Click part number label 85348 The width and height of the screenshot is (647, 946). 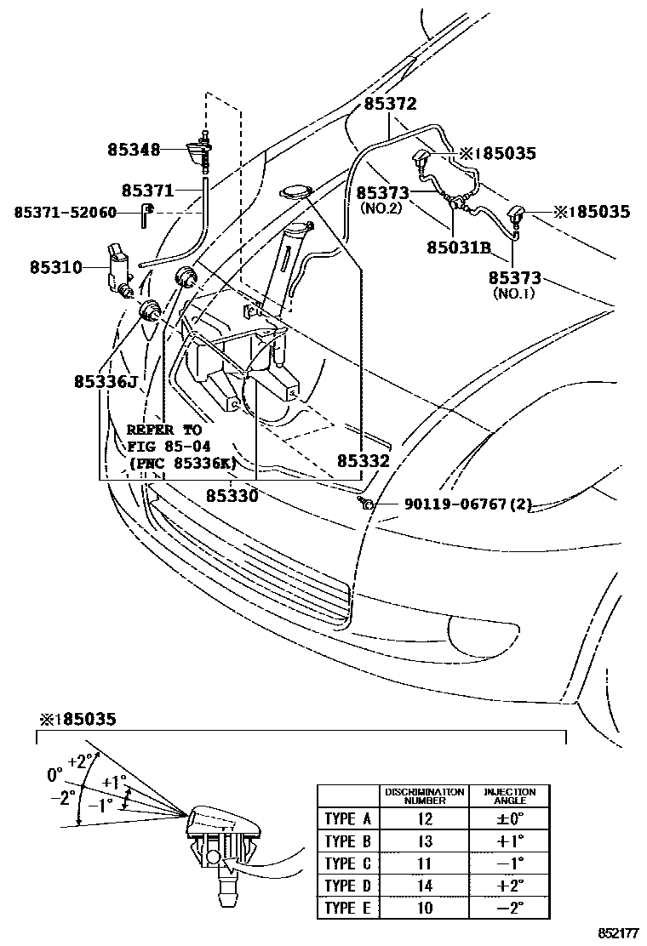coord(134,150)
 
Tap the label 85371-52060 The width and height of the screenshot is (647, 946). coord(65,212)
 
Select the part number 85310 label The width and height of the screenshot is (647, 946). coord(55,267)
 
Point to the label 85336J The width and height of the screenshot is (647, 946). coord(105,382)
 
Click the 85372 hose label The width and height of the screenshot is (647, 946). coord(390,104)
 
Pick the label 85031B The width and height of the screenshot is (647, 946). coord(459,248)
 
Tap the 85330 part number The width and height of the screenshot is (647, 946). coord(232,494)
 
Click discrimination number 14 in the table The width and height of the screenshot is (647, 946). coord(425,886)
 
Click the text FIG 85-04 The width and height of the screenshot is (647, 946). coord(169,446)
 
